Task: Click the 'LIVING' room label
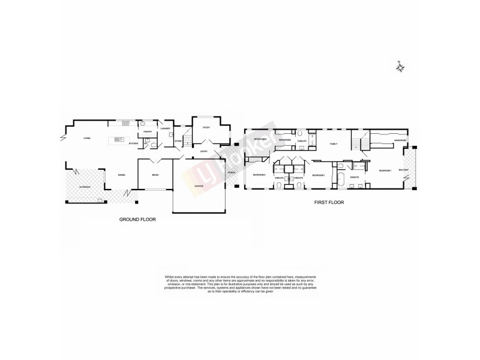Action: click(87, 139)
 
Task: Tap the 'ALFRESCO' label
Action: click(84, 187)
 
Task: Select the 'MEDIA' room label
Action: click(155, 175)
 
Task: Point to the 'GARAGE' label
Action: click(198, 186)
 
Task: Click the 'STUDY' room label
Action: click(206, 128)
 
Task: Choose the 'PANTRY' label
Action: click(146, 131)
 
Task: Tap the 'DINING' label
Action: click(121, 175)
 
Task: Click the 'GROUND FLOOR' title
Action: click(137, 220)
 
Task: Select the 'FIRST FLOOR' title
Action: click(329, 203)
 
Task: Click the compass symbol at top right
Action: click(400, 67)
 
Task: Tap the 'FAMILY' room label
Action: click(334, 143)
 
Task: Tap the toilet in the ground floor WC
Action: click(154, 145)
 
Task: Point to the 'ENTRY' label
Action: click(204, 151)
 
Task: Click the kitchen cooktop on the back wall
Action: click(125, 123)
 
